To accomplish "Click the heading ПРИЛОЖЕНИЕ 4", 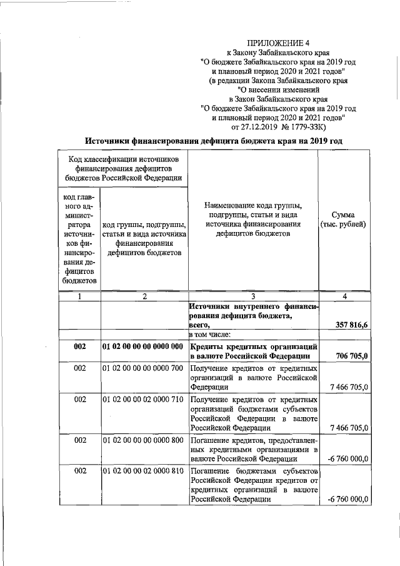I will point(278,43).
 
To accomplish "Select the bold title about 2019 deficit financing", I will point(214,141).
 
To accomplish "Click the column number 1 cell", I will point(79,296).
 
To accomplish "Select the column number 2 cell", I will point(144,296).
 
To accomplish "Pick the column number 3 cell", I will point(252,296).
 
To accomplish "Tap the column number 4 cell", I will point(343,296).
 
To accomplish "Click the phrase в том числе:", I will point(211,335).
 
